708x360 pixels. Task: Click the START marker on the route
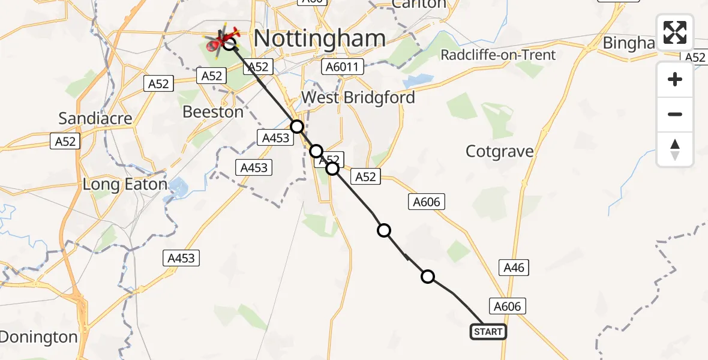488,332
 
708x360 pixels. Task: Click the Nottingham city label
319,38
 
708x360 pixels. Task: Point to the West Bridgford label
358,97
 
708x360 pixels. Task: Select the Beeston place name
213,112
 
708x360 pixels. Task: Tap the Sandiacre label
96,118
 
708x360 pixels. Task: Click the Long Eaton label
125,184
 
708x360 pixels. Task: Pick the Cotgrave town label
499,151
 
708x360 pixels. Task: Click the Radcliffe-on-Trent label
498,55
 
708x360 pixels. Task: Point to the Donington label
38,337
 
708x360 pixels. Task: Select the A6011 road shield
343,66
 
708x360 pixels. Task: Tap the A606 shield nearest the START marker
507,307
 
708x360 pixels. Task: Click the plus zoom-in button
675,79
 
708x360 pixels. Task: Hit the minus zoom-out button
675,114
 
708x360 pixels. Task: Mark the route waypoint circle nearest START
428,277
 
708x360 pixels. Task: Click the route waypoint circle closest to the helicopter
297,127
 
